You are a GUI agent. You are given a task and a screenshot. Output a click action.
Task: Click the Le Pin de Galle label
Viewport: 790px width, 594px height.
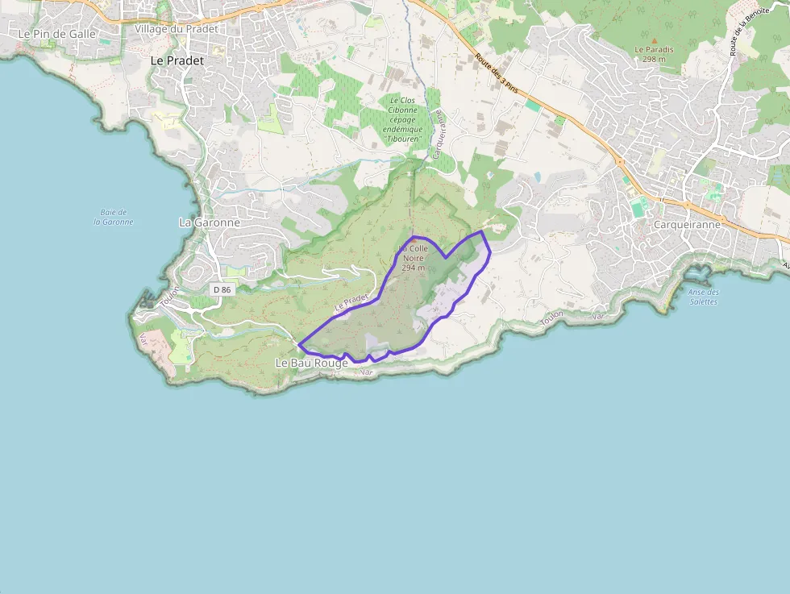(56, 34)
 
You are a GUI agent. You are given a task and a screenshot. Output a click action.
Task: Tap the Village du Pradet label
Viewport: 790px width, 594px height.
(176, 29)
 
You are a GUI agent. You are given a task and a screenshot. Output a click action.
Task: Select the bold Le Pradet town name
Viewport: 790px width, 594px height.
(177, 60)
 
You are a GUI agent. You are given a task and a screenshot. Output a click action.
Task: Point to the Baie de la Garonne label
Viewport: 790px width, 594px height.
(114, 217)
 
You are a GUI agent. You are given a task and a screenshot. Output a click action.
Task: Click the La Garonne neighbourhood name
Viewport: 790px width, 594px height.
(209, 222)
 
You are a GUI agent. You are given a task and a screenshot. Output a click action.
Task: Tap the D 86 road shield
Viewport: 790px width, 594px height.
(222, 289)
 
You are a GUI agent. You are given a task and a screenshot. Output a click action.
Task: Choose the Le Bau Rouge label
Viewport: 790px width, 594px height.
(311, 363)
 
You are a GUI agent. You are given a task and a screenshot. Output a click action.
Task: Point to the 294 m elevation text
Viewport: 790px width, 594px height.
(413, 268)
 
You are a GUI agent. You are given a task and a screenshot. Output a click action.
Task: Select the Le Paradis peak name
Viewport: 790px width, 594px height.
(654, 49)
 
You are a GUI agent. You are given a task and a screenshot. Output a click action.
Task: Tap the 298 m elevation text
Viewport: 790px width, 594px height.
(654, 59)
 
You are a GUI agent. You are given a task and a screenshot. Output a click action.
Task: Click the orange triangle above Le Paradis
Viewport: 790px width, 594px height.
(654, 39)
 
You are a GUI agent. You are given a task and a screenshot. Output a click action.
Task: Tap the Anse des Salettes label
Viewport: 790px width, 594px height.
(704, 297)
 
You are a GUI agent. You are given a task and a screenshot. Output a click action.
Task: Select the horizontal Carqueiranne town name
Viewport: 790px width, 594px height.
(687, 225)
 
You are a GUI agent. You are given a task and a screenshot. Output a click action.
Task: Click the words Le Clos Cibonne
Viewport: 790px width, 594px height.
(402, 104)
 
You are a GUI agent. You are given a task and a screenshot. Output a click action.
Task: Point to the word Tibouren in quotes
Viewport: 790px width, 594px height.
(402, 139)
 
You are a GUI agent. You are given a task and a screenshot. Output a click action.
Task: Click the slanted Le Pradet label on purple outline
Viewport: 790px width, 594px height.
(351, 302)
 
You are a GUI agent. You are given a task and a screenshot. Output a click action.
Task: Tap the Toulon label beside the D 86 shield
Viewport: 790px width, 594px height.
(168, 296)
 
